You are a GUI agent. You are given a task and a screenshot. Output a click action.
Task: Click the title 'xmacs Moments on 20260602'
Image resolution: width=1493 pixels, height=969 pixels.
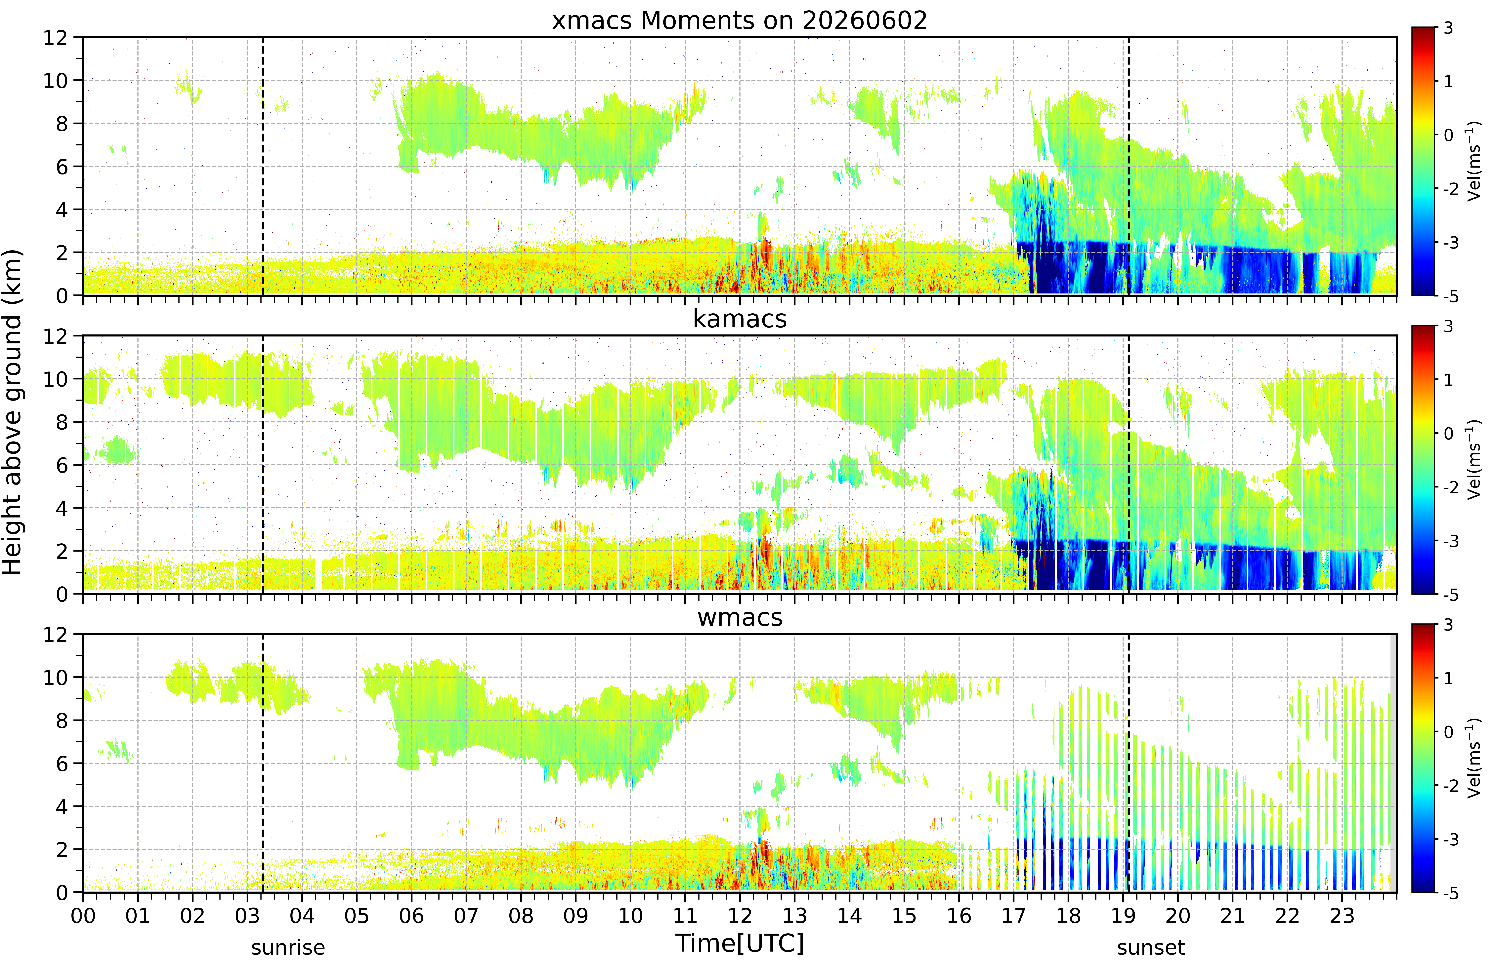point(740,21)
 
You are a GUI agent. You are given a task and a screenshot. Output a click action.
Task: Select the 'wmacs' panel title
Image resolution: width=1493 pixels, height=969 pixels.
point(740,618)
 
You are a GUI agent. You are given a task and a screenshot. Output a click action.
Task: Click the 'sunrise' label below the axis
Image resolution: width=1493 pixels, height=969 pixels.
point(288,948)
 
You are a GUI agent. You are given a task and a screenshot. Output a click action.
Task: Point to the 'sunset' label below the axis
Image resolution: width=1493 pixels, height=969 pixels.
point(1150,948)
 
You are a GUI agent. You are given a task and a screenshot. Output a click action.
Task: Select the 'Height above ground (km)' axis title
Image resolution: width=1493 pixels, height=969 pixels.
point(13,412)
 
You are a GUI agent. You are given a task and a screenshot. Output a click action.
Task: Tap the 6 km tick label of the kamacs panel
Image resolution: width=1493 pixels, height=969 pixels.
point(62,465)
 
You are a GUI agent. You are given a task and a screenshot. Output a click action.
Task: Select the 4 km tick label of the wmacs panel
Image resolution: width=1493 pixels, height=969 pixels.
point(62,807)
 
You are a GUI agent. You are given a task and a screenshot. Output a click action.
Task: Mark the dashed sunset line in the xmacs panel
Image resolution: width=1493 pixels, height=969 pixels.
point(1129,166)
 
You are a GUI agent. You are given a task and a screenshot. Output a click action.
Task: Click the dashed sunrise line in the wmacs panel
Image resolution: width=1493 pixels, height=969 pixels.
point(262,763)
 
